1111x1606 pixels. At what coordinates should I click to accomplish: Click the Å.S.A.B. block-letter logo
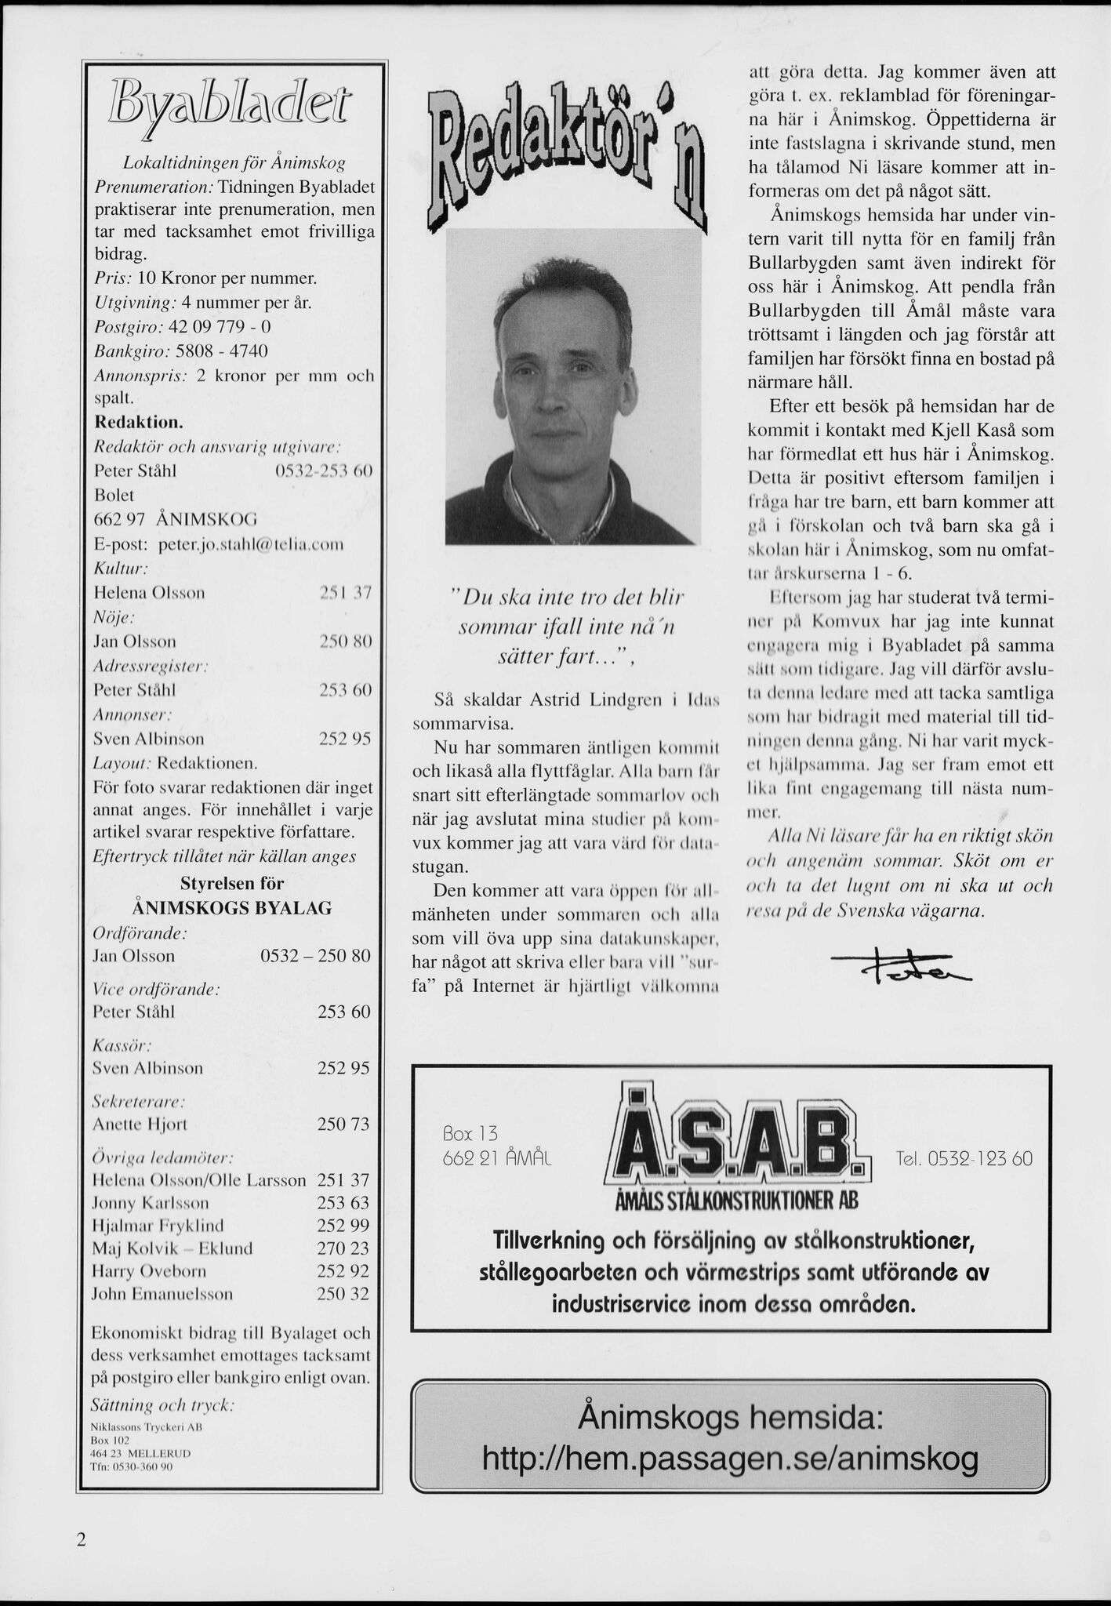click(737, 1136)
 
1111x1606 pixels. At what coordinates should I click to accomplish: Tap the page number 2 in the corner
click(80, 1539)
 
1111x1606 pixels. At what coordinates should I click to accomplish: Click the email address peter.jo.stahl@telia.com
click(251, 543)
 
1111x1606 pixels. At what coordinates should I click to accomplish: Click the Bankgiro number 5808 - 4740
click(221, 350)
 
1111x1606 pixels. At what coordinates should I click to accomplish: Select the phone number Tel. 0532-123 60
click(964, 1158)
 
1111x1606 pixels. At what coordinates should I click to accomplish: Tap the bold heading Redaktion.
click(139, 422)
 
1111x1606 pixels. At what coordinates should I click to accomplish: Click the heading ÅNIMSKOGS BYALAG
click(232, 908)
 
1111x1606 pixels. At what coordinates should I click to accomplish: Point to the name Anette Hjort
click(140, 1124)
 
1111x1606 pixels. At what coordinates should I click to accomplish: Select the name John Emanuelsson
click(162, 1293)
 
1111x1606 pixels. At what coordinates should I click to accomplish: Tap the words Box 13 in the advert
click(470, 1134)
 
